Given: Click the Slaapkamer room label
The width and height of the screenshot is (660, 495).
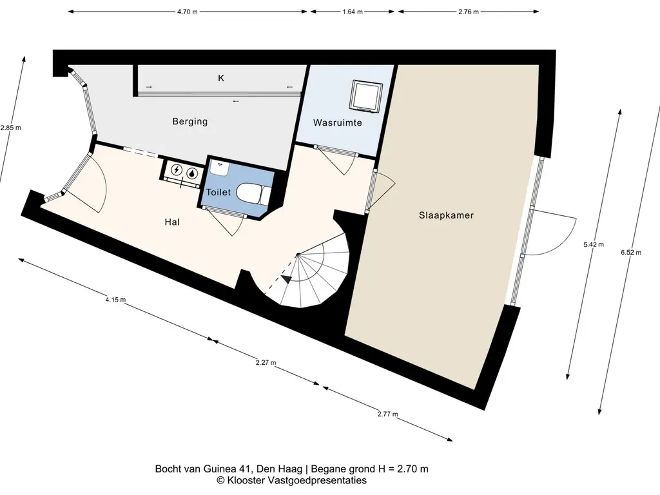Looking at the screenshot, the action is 446,215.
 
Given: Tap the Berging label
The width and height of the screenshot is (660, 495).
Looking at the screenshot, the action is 190,122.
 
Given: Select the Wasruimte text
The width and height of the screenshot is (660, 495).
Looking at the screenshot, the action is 338,123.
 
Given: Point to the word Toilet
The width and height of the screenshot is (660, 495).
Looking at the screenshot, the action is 218,192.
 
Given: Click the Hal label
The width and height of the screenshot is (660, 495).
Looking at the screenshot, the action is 172,222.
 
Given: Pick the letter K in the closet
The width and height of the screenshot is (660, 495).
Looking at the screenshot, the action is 221,78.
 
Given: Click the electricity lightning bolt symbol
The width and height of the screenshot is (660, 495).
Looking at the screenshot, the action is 177,170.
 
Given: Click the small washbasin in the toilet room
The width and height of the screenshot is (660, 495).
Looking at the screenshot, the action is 219,168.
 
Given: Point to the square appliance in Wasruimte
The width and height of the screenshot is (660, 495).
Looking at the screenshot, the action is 367,96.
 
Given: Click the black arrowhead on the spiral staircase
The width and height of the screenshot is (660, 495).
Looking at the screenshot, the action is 287,278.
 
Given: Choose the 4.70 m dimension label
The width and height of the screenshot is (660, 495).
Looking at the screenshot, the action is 188,12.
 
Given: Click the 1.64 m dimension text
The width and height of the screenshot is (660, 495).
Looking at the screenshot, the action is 353,12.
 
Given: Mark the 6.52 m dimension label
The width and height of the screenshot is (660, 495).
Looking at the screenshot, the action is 631,253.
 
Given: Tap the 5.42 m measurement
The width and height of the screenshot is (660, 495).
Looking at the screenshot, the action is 594,244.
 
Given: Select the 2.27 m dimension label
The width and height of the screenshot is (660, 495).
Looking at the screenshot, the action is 266,362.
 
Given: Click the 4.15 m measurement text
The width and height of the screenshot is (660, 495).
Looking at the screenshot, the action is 115,300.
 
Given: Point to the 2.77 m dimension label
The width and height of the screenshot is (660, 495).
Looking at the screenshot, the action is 387,414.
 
